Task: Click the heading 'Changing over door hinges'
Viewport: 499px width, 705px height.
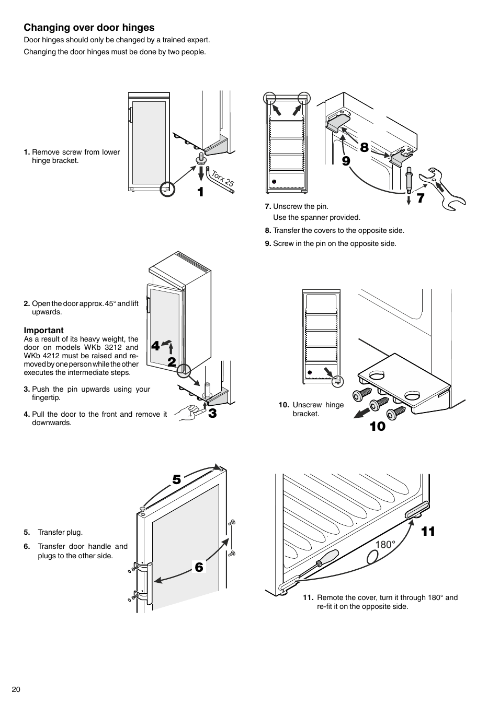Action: point(89,28)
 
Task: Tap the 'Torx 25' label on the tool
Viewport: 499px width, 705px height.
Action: point(222,179)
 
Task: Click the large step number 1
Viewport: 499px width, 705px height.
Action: point(200,192)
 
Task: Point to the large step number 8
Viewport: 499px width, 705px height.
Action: point(364,148)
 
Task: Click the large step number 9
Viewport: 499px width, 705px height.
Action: point(346,161)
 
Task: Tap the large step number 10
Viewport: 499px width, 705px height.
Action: point(377,427)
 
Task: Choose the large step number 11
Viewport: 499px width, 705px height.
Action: point(428,532)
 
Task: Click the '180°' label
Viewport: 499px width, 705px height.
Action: point(385,545)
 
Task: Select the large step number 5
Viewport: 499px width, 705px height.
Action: point(176,479)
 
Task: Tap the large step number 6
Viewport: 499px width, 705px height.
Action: point(199,567)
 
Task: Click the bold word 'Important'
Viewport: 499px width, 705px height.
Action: point(43,330)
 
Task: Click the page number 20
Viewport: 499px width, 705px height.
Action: point(16,689)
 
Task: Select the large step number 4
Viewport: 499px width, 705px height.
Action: point(155,346)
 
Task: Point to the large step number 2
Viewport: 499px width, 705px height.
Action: point(172,362)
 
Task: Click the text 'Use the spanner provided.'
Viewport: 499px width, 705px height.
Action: point(316,217)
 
